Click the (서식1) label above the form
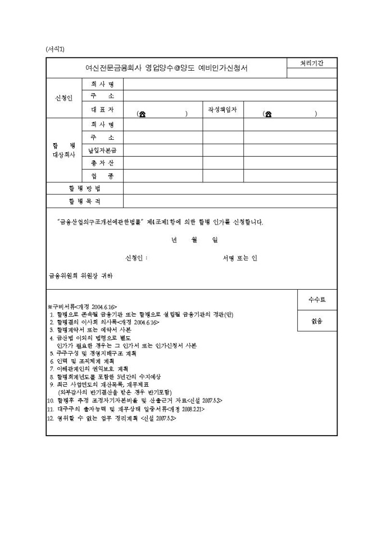coord(55,49)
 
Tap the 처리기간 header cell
coord(311,63)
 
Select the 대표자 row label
coord(102,109)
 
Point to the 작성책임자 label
coord(222,109)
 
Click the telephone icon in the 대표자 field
coord(142,113)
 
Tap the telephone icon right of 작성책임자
coord(269,113)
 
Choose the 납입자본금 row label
coord(102,150)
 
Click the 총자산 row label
coord(102,163)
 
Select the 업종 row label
coord(102,176)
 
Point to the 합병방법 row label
coord(85,189)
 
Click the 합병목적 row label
coord(85,201)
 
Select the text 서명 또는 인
coord(240,258)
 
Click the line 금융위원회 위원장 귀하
coord(80,276)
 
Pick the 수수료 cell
coord(316,300)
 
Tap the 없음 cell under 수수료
coord(316,321)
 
